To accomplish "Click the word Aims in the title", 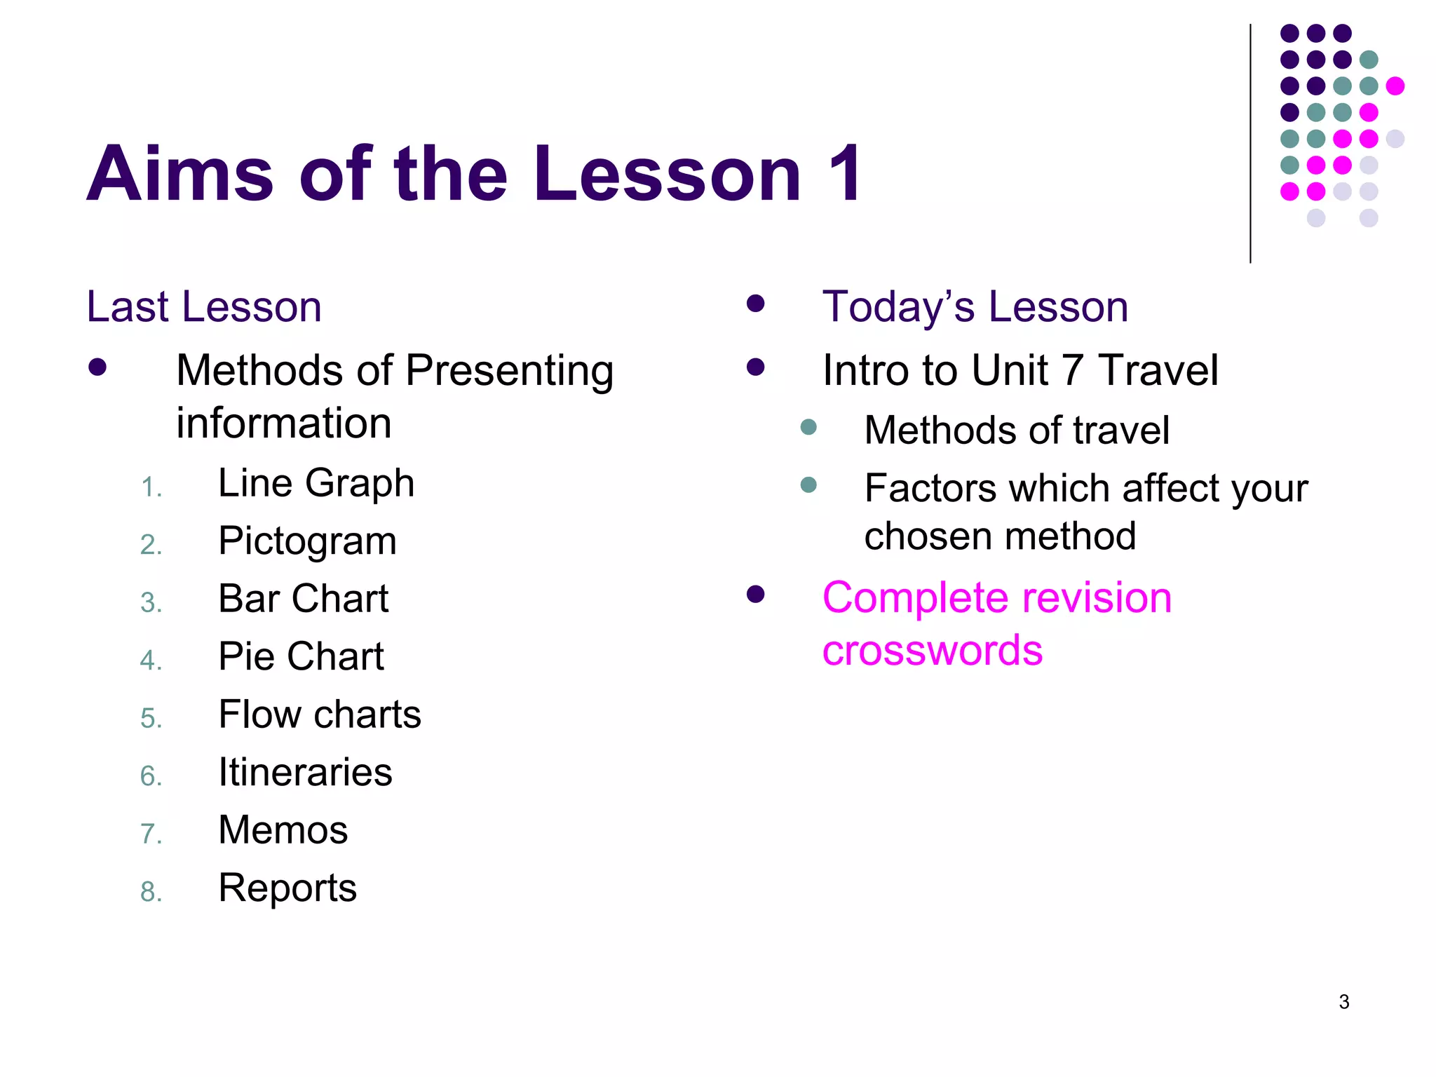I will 179,174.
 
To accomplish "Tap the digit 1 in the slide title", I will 844,174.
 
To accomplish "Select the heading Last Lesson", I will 204,307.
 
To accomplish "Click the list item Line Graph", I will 316,483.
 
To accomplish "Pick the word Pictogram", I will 307,541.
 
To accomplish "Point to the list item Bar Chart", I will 303,599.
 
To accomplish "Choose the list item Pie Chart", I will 301,657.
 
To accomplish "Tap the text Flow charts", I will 320,714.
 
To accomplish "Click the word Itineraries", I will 305,773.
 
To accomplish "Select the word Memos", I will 283,830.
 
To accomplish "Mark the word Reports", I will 287,888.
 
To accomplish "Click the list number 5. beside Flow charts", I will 151,719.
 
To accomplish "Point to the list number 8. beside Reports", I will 151,892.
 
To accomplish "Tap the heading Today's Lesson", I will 975,307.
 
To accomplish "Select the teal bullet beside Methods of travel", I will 808,427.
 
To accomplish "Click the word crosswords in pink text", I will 933,651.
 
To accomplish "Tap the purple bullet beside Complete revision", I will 755,595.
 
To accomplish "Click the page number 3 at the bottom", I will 1343,1002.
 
